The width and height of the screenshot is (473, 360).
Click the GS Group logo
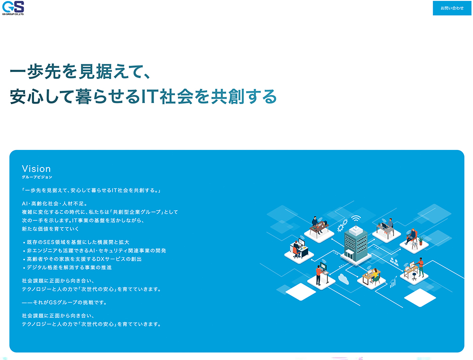point(13,8)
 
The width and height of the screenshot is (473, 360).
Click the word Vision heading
point(36,169)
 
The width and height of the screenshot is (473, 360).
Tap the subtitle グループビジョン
point(37,177)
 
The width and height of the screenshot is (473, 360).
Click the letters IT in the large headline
point(149,97)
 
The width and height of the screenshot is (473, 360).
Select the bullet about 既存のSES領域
point(76,242)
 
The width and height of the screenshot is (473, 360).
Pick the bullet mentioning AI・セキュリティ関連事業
point(95,250)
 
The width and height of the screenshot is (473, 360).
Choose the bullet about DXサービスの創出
point(82,259)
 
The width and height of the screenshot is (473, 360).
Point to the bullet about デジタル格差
point(67,267)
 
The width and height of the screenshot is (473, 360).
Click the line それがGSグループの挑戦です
point(64,302)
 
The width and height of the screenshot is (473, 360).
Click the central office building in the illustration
point(356,245)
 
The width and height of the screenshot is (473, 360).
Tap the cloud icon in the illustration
point(343,279)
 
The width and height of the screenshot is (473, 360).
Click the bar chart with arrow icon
point(394,282)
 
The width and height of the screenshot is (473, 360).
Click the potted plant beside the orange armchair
point(420,240)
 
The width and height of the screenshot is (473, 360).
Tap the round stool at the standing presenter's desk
point(414,276)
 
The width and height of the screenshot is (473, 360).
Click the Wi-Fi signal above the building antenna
point(356,219)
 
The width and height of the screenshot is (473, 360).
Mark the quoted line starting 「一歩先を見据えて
point(91,191)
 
